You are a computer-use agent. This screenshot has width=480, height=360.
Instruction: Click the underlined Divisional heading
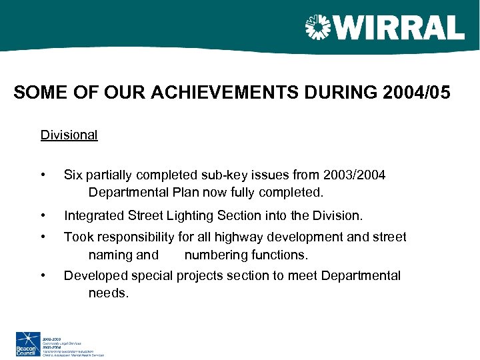click(69, 135)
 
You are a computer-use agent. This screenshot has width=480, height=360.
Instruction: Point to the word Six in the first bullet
click(73, 175)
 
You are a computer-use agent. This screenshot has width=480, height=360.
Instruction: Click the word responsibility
click(136, 237)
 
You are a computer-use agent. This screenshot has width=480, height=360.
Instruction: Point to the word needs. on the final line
click(108, 293)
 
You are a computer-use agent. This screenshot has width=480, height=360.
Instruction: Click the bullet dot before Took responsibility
click(43, 237)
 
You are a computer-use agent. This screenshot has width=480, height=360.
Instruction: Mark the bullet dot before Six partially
click(43, 175)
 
